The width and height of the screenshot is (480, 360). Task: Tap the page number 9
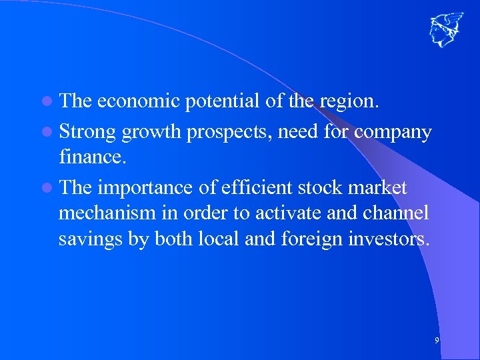click(x=437, y=341)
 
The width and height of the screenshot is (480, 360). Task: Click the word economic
click(x=139, y=101)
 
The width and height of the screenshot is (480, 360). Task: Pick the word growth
click(x=151, y=133)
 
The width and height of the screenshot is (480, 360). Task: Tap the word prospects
click(x=228, y=133)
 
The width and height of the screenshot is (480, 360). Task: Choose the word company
click(x=393, y=133)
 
